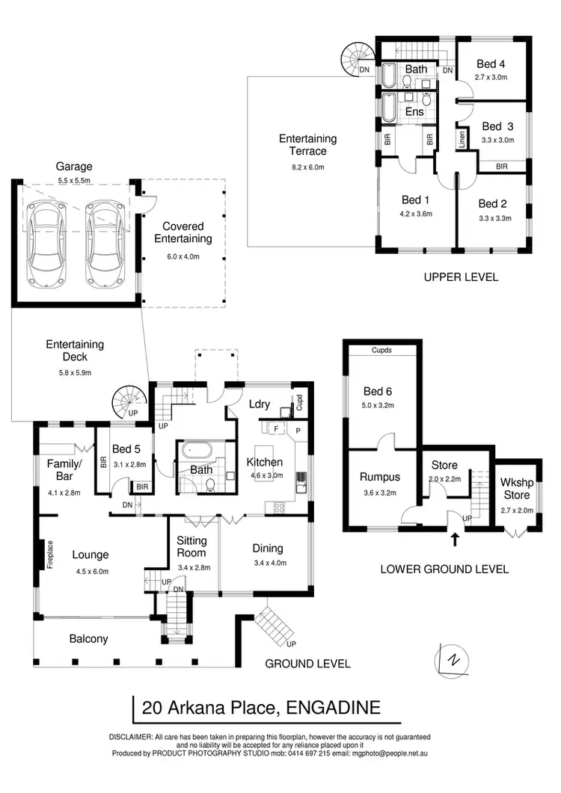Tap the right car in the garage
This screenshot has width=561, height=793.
pyautogui.click(x=103, y=244)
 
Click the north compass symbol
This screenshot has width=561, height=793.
pyautogui.click(x=451, y=660)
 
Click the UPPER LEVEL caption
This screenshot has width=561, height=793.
pyautogui.click(x=461, y=277)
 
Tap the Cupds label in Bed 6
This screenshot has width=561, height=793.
pyautogui.click(x=381, y=351)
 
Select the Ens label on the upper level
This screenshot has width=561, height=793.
pyautogui.click(x=414, y=111)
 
